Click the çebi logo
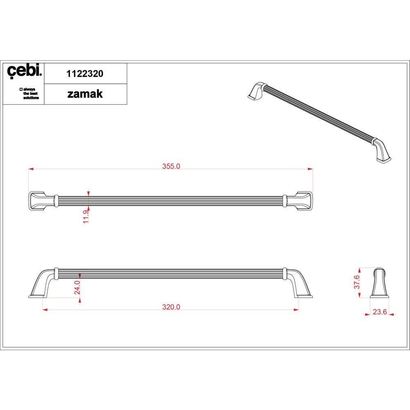point(24,71)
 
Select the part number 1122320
point(85,74)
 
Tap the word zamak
point(85,94)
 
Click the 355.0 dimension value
point(171,166)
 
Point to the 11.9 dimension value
point(86,216)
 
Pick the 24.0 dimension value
point(77,287)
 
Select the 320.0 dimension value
point(171,307)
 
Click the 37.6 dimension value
point(357,282)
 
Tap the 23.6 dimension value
point(380,312)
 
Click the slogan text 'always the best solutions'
point(29,93)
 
